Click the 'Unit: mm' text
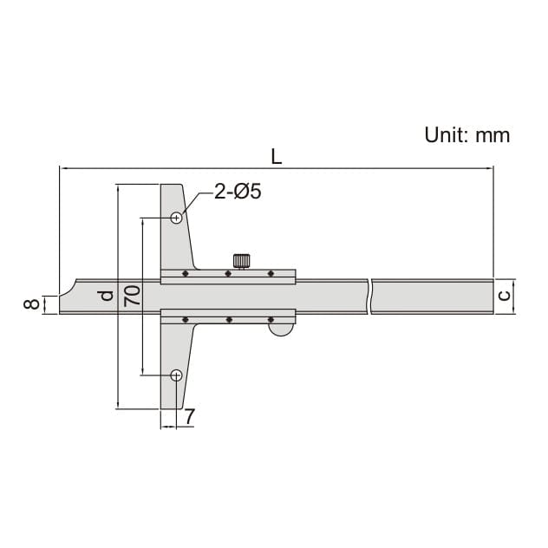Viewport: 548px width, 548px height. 466,134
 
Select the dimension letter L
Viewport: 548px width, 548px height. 276,157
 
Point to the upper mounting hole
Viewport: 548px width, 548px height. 176,218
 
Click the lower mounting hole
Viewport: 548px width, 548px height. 176,375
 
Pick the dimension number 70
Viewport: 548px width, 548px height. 132,297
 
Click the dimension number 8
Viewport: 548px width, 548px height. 31,304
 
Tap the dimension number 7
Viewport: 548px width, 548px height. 189,417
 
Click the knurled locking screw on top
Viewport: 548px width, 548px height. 241,260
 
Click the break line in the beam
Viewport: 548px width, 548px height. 369,296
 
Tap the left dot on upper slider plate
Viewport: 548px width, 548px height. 185,274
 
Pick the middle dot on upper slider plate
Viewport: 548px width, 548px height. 228,274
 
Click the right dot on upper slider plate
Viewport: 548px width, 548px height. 271,274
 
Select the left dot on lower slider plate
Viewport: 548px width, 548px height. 185,319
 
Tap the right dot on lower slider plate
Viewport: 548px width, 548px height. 271,319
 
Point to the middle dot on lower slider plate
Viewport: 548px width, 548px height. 228,319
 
